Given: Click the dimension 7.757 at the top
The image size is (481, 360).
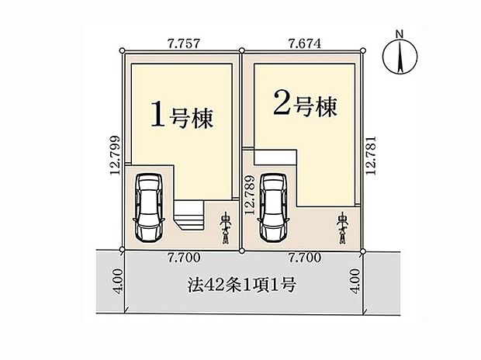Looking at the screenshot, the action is [x=184, y=43].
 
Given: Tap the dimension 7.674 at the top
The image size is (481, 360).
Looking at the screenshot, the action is [x=305, y=43].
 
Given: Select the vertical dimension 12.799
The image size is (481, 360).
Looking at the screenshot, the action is [x=116, y=155].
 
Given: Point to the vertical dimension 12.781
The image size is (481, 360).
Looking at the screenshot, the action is [x=371, y=155].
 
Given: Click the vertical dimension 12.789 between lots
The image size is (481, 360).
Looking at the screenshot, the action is [x=249, y=195].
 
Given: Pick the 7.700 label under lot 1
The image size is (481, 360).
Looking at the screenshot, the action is [x=184, y=257].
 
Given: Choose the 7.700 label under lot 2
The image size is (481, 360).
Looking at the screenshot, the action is [x=305, y=257].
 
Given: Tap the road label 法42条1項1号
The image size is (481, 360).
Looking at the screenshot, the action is [x=242, y=285].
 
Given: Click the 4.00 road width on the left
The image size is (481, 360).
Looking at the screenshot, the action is [x=119, y=281].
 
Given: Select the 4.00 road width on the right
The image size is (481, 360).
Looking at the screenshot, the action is [x=355, y=281].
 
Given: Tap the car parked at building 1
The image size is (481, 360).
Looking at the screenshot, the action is [x=149, y=209].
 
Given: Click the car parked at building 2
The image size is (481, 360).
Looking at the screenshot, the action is [x=273, y=209].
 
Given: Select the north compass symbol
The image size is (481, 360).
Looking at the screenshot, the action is [x=400, y=56].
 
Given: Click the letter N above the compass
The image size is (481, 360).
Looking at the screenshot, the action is [x=400, y=33].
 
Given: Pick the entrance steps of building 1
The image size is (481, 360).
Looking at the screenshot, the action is [x=189, y=215].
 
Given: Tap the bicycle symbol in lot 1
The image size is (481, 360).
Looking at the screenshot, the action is [x=226, y=228].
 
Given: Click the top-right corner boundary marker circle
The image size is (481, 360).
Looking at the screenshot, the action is [x=363, y=50].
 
